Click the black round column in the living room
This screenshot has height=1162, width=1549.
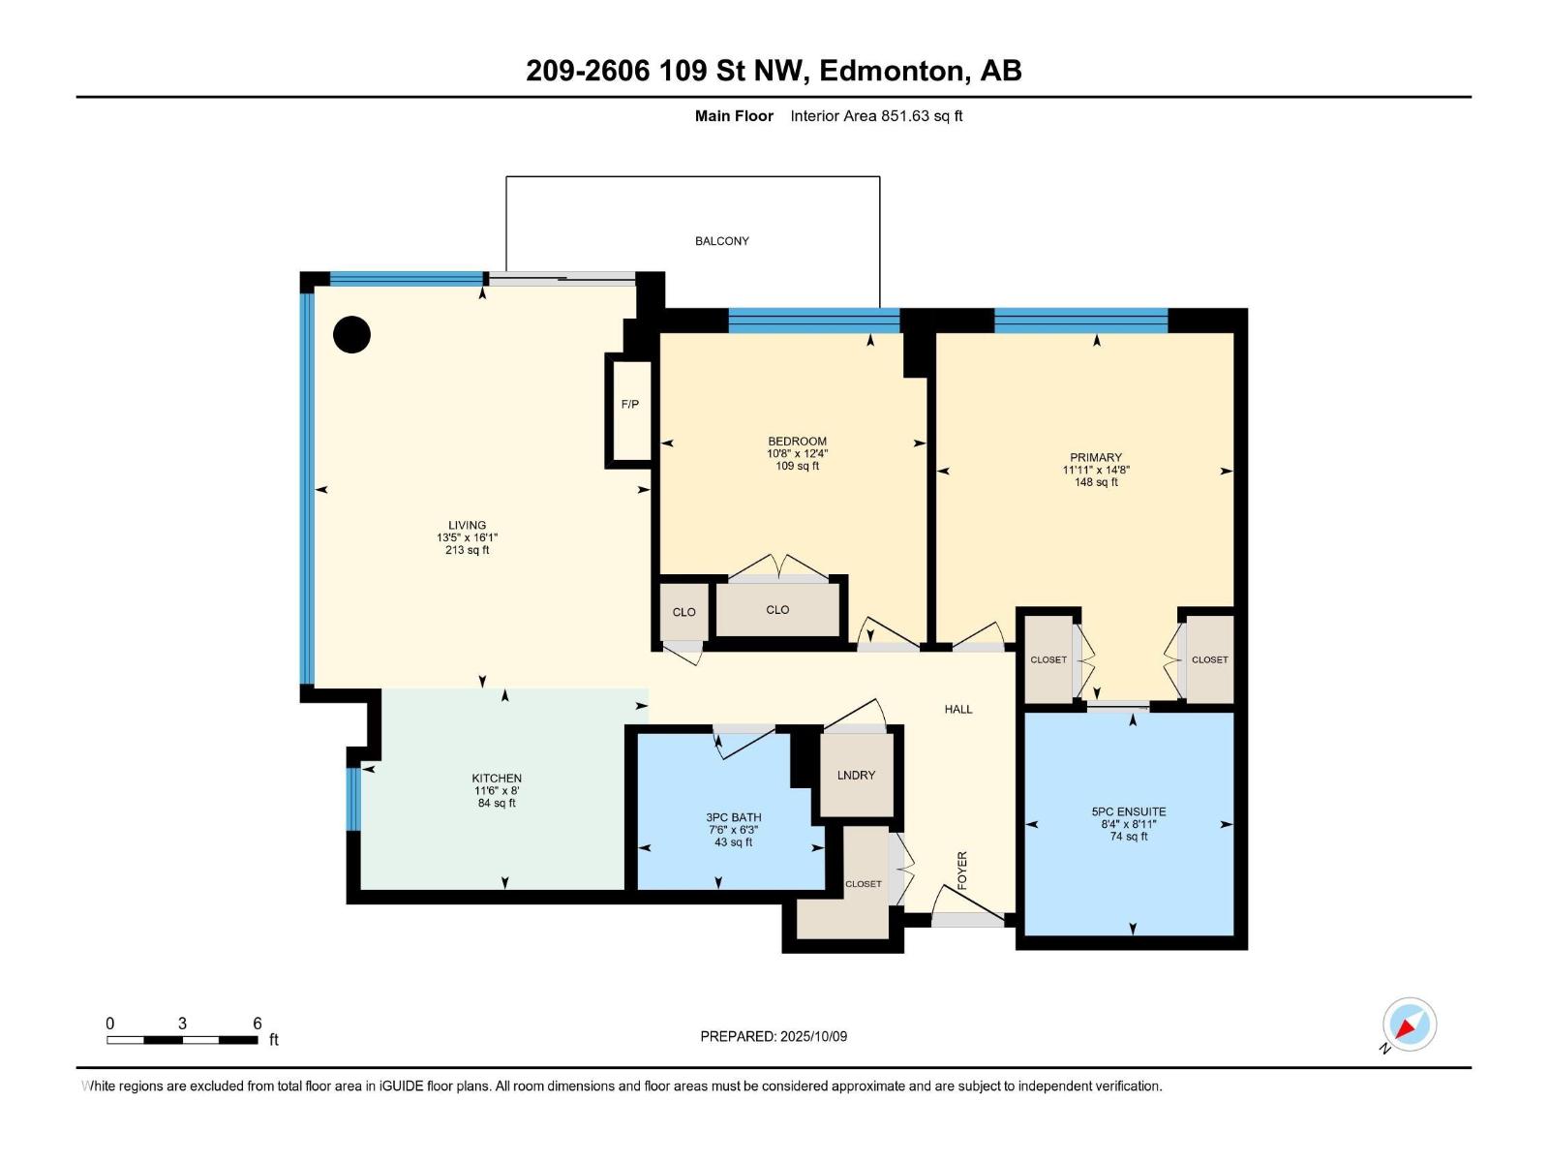[351, 334]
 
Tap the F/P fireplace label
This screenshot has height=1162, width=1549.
[629, 404]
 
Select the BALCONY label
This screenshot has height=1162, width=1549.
[721, 241]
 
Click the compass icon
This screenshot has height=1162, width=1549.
[1409, 1024]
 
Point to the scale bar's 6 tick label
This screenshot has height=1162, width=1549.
[258, 1024]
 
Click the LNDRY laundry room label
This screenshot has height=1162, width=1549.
[856, 775]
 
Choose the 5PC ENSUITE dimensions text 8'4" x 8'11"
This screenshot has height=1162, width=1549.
[1128, 824]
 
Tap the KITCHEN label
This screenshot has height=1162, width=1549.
[497, 778]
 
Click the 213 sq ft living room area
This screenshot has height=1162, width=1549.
[468, 550]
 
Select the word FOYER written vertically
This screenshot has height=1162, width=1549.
[961, 871]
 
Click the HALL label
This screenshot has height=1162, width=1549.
[957, 709]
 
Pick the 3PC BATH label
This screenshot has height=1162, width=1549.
[733, 817]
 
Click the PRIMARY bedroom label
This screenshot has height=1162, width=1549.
[1095, 457]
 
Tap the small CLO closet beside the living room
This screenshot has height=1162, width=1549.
[683, 612]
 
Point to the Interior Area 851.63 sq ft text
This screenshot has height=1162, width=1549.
[875, 116]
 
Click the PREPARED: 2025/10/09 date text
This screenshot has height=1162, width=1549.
[774, 1036]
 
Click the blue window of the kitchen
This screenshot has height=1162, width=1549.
[353, 799]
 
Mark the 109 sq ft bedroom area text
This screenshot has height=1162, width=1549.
[797, 466]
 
